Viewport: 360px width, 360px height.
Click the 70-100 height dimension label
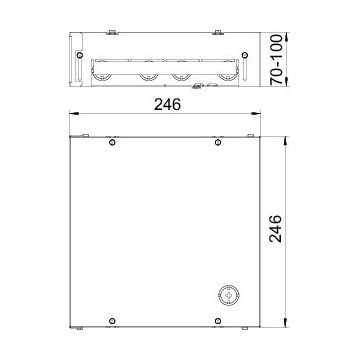click(x=276, y=59)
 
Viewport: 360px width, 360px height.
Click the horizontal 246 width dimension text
click(x=167, y=105)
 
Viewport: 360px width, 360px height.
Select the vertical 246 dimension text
click(x=276, y=229)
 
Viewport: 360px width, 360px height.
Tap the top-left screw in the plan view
click(x=112, y=142)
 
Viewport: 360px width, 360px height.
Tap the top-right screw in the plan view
click(x=218, y=142)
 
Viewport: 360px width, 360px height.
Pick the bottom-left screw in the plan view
click(x=112, y=321)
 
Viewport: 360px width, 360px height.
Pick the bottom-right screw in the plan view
click(x=218, y=321)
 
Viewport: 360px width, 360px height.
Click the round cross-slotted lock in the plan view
click(x=229, y=295)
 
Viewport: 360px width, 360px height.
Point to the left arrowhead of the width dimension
click(x=74, y=114)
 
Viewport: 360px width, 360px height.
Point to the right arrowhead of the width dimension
click(x=256, y=114)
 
